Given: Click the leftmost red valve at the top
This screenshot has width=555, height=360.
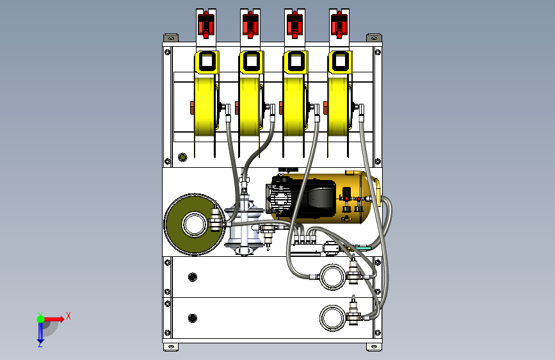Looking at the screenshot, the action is (x=206, y=24).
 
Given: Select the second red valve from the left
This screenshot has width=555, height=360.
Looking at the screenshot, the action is (x=250, y=24).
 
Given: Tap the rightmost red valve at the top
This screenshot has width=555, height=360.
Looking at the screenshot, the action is (x=339, y=24).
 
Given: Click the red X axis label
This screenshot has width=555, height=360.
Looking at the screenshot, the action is (x=68, y=316).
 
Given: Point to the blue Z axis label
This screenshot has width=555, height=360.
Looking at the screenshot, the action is (x=40, y=344).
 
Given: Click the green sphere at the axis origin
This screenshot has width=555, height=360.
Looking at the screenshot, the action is (x=41, y=319).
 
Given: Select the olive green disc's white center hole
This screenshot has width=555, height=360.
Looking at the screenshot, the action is (x=195, y=224).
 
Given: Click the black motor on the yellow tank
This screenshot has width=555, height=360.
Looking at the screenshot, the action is (x=301, y=198).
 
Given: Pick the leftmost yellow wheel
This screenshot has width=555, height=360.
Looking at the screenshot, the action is (x=205, y=106).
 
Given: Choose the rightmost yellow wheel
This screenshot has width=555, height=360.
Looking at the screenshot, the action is (x=338, y=106).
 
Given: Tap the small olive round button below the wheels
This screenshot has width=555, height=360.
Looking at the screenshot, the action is (x=182, y=157).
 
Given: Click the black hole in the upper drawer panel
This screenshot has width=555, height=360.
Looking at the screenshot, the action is (x=193, y=277).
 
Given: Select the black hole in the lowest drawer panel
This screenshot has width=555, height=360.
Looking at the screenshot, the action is (x=193, y=318).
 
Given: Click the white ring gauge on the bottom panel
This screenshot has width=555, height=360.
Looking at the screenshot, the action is (x=332, y=318).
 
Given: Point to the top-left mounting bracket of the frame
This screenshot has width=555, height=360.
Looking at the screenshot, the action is (x=171, y=38).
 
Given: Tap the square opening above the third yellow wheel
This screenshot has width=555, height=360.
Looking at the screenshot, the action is (x=296, y=61).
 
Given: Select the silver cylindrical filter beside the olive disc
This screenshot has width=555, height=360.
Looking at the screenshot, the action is (x=245, y=227).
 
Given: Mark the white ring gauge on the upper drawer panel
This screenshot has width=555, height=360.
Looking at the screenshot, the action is (x=332, y=277).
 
